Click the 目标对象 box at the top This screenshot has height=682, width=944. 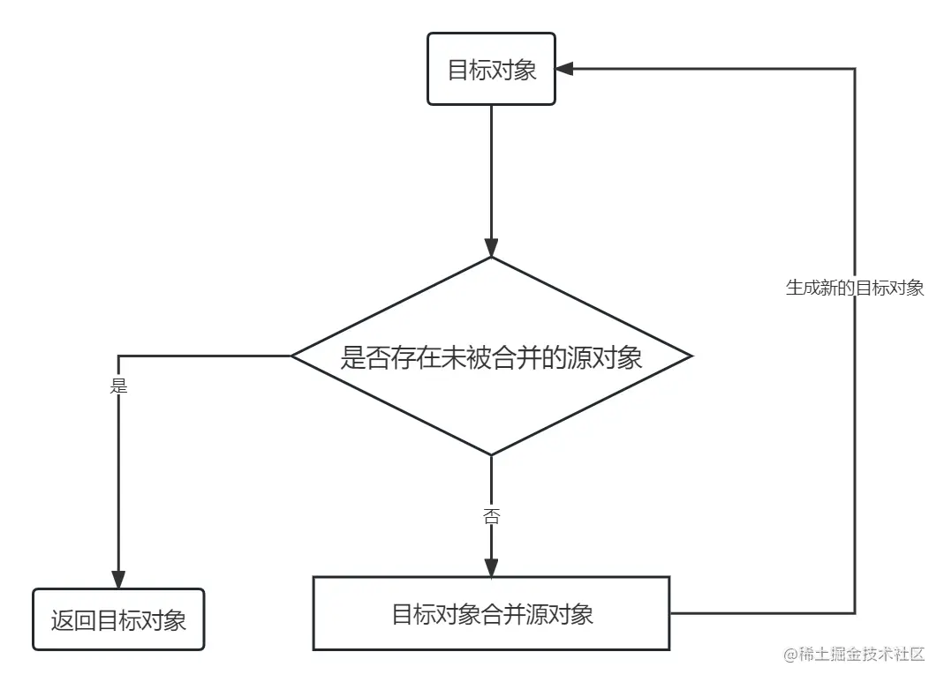(491, 70)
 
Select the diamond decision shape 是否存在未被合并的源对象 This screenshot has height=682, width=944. (491, 356)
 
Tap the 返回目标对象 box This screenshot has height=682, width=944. (118, 620)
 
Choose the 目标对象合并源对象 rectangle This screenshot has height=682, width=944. (491, 614)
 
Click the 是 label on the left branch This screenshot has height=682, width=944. (118, 386)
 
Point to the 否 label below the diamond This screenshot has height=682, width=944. (491, 517)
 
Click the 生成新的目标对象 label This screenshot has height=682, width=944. (854, 288)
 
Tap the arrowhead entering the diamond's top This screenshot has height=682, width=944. (491, 248)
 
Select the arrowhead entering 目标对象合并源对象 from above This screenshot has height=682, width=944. (491, 567)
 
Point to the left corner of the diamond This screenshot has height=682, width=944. (293, 356)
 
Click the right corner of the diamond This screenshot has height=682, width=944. (691, 356)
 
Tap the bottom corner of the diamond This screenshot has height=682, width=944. (491, 454)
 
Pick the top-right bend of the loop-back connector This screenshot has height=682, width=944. (854, 69)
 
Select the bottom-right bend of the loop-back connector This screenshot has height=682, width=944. (854, 611)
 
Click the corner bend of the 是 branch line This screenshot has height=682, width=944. (118, 356)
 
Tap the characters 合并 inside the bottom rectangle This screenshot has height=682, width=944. (502, 614)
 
